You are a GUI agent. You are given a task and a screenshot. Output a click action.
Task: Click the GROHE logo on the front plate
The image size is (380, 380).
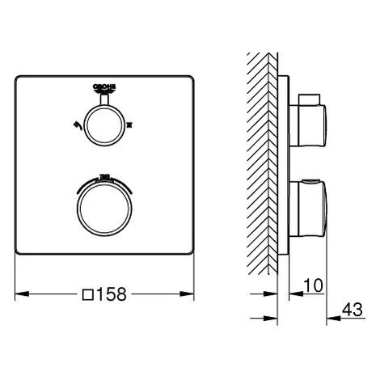[106, 90]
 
